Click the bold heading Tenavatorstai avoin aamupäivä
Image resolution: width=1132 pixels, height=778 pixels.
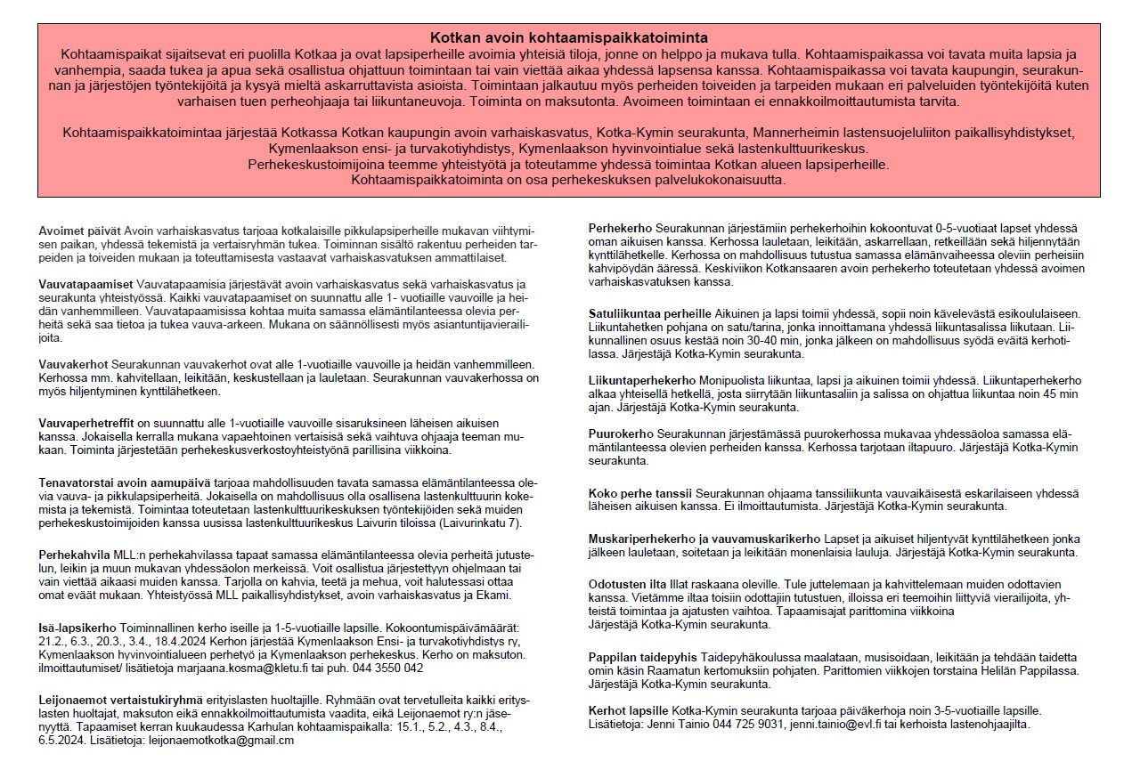click(135, 482)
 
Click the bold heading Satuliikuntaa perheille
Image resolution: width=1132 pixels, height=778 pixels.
click(649, 313)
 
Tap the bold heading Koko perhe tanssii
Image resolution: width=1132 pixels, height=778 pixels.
click(640, 493)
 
